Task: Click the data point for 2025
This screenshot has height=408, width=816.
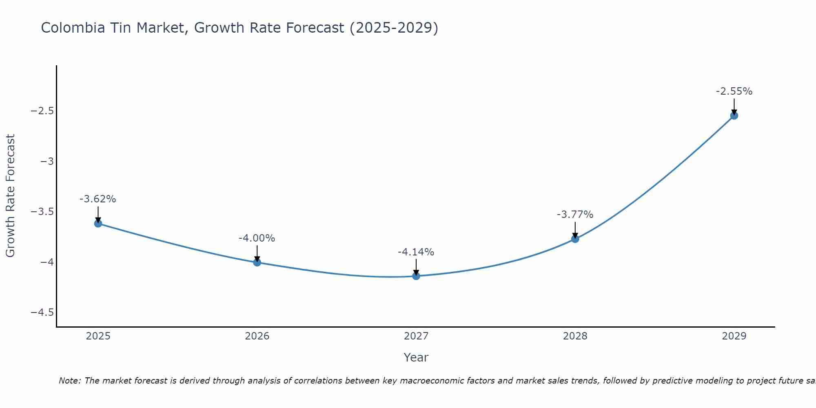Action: point(98,223)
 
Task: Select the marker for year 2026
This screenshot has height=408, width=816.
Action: point(257,262)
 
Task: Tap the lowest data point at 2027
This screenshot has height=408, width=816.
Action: point(416,276)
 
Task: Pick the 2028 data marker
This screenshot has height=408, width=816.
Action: point(575,239)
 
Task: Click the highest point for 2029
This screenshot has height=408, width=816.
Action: point(734,115)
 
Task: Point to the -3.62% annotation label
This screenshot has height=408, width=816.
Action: point(98,199)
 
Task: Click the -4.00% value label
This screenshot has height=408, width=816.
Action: point(257,238)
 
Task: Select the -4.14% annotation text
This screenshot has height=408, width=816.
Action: point(416,252)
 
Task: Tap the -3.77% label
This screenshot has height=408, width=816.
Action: point(575,215)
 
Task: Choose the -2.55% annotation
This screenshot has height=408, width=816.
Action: point(734,91)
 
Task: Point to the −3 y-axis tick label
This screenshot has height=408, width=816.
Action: point(47,161)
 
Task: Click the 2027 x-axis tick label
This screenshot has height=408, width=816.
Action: point(416,336)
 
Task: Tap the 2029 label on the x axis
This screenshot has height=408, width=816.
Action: point(734,336)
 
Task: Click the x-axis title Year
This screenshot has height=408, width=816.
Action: point(416,357)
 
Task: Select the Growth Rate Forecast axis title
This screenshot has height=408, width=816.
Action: point(10,196)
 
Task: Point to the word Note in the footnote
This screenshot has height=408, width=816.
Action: point(69,381)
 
